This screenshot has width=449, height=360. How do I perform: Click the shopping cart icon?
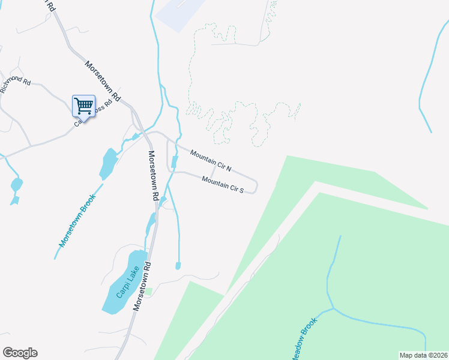tap(83, 106)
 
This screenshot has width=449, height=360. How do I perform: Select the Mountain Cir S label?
tap(222, 184)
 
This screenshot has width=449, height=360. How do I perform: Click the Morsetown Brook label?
tap(77, 220)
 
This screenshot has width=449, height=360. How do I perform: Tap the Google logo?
tap(20, 353)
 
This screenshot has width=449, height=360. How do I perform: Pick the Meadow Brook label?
tap(304, 337)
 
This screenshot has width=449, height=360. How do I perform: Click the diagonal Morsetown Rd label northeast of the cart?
tap(103, 80)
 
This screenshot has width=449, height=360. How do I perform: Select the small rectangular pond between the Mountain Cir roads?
tap(175, 162)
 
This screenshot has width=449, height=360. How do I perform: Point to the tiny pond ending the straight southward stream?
tap(178, 265)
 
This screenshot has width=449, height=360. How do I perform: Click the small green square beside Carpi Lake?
tap(149, 292)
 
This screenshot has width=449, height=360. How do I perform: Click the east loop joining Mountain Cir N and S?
tap(256, 187)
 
